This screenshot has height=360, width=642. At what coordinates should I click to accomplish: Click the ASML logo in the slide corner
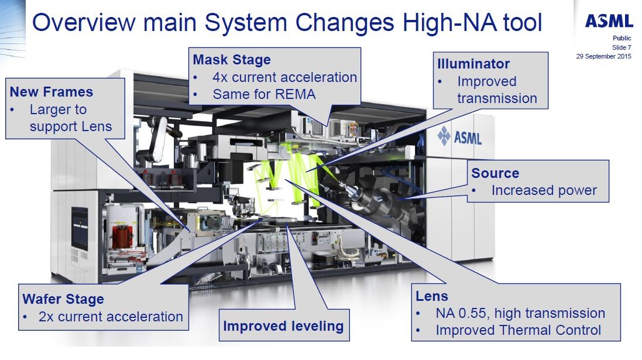[609, 20]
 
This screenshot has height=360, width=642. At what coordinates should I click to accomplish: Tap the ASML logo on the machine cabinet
[459, 136]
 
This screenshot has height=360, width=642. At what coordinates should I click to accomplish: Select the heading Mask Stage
[232, 60]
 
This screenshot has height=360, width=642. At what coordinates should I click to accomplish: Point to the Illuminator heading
[473, 64]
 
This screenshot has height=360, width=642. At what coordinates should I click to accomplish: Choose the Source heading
[495, 173]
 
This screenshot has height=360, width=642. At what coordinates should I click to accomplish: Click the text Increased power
[544, 190]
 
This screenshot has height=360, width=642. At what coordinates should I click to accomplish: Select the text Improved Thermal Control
[519, 330]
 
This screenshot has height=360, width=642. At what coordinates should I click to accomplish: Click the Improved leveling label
[283, 326]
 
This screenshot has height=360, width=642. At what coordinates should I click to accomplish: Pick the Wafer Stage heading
[63, 299]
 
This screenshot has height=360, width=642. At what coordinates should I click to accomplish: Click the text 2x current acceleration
[111, 317]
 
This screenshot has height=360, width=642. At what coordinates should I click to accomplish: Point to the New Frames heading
[51, 92]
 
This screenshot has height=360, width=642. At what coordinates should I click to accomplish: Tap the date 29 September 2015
[603, 56]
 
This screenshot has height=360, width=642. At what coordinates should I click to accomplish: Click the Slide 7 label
[622, 47]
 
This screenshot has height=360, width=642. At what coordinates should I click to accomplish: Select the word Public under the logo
[622, 38]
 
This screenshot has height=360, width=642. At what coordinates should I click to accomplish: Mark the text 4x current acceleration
[284, 77]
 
